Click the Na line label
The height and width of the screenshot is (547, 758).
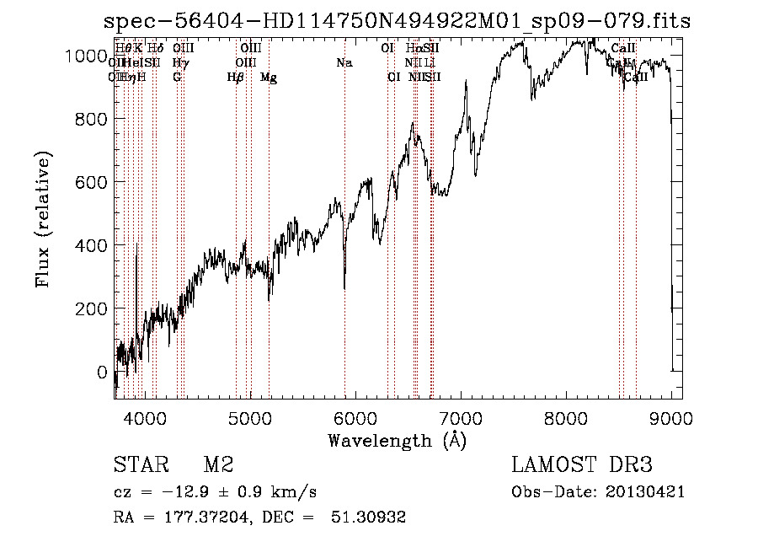click(344, 63)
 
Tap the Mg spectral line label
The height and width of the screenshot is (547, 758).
click(269, 78)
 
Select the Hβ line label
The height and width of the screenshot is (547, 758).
click(236, 78)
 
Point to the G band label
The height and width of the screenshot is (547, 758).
click(177, 78)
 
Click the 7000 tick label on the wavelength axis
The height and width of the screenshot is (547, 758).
click(461, 418)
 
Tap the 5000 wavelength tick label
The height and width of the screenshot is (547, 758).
click(249, 418)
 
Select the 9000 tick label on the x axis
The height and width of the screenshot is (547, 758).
click(672, 418)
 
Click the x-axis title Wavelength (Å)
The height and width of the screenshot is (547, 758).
click(397, 440)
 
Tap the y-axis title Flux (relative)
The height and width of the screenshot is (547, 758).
click(43, 220)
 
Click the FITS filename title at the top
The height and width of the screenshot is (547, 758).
click(397, 22)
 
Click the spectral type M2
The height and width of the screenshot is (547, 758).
click(217, 465)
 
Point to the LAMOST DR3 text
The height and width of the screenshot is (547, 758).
click(582, 465)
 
